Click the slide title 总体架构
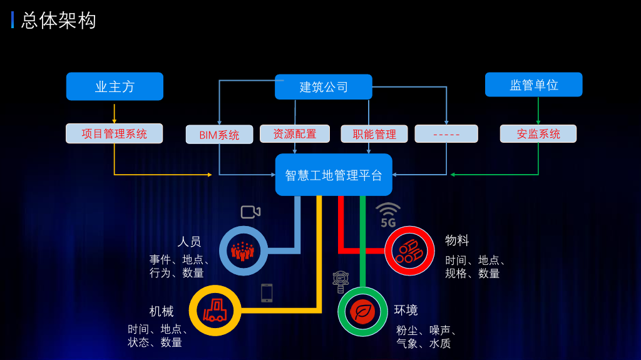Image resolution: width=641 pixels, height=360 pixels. tap(58, 21)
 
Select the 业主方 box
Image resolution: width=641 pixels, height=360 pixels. tap(115, 86)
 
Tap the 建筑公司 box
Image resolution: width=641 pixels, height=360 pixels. tap(324, 87)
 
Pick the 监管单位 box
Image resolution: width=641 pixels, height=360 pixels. tap(533, 85)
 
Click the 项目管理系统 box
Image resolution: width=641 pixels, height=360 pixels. tap(114, 133)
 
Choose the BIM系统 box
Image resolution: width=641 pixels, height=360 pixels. tap(220, 135)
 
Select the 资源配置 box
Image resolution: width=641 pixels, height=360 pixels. tap(295, 134)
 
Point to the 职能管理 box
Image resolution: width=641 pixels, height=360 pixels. tap(374, 134)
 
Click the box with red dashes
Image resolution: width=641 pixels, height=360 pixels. tap(446, 134)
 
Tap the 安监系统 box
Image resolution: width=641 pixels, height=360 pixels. tap(538, 134)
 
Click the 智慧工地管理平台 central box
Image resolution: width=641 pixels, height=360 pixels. tap(334, 175)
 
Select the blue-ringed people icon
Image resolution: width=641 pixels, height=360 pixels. tap(244, 251)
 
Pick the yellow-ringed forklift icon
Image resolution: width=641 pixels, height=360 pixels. tap(215, 311)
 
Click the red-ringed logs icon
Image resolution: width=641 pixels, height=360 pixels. tap(409, 251)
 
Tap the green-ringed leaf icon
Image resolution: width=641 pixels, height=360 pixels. tap(362, 312)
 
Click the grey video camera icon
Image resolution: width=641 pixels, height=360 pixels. tap(250, 212)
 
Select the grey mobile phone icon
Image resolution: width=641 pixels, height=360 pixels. tap(267, 293)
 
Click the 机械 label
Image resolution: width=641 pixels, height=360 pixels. tap(162, 311)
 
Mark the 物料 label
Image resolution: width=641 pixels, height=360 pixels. tap(456, 240)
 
